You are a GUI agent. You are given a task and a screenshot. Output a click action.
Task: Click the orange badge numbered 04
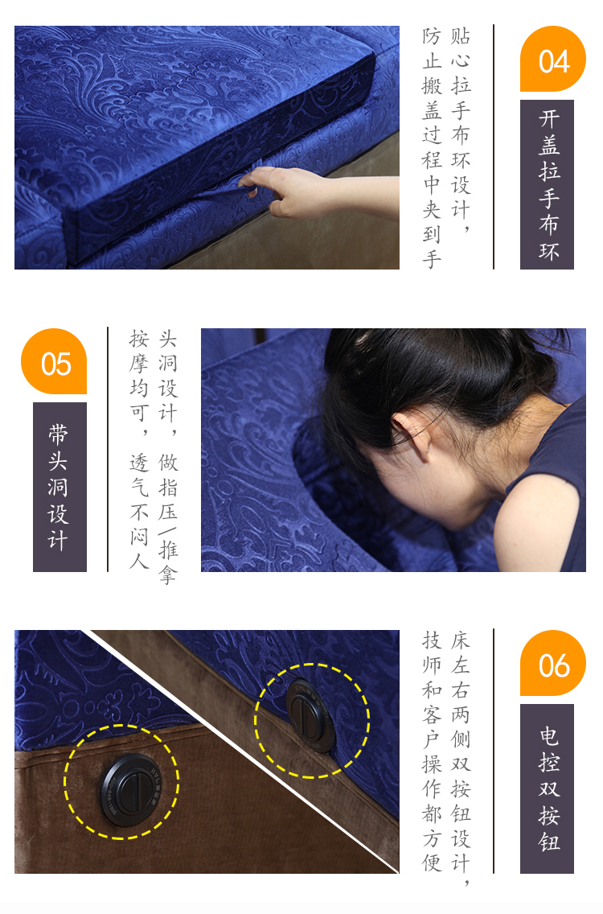coord(553,59)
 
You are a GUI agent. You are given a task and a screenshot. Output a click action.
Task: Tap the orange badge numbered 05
coord(54,361)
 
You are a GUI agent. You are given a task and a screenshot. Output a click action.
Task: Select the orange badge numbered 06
coord(553,663)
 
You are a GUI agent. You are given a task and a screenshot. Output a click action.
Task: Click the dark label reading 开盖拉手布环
coord(547,185)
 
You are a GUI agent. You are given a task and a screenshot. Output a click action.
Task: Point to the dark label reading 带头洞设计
coord(59,487)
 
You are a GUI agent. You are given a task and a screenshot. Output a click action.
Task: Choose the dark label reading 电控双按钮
coord(547,788)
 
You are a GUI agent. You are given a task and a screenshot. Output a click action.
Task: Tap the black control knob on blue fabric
coord(310,714)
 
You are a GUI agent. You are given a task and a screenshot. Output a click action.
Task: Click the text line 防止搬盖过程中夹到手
coord(432,147)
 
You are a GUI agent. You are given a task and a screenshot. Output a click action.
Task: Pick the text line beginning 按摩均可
coord(139,450)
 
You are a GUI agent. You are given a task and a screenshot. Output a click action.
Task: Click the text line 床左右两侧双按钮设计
coord(460,758)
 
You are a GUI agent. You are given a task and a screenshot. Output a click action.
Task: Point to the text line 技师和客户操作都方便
coord(432,751)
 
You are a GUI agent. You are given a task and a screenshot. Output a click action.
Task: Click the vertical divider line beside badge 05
coord(108,450)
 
